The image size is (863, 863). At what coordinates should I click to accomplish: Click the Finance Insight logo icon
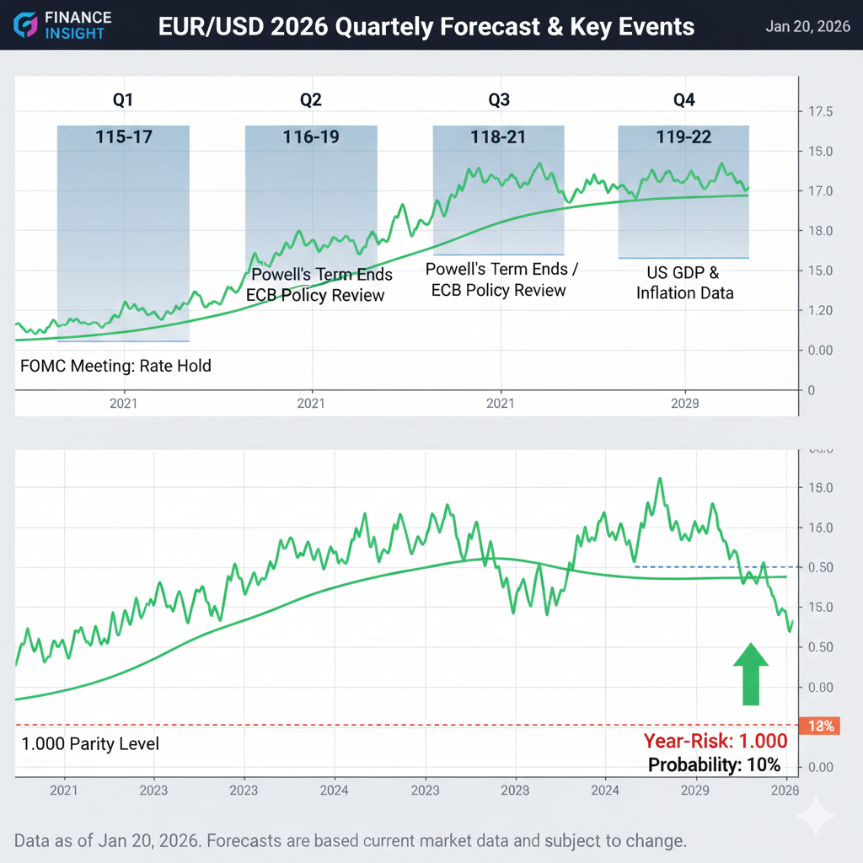point(27,25)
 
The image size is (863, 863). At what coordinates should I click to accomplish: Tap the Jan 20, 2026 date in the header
point(807,26)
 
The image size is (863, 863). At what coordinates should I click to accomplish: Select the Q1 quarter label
point(123,100)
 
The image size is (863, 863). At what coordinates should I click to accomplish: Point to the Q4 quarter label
point(683,100)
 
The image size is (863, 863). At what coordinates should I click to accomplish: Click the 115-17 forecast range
point(124,136)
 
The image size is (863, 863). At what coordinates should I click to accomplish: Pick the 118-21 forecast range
point(498,136)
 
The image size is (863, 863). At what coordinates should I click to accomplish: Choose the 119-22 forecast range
point(683,136)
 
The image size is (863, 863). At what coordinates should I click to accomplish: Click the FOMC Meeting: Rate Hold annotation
point(115,366)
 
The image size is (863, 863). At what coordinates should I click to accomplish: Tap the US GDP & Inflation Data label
point(683,283)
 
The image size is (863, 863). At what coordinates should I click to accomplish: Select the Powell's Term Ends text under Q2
point(323,275)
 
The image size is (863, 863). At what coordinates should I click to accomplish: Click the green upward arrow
point(750,674)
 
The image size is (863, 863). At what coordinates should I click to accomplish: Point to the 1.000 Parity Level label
point(89,744)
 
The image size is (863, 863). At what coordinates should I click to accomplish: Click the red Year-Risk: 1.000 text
point(716,742)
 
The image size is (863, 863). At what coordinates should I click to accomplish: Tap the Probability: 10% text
point(714,765)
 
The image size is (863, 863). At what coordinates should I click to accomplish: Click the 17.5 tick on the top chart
point(821,111)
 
